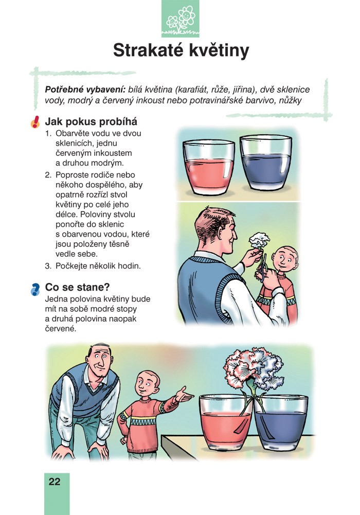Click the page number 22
pos(55,482)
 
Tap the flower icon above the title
pos(180,19)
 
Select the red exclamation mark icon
pos(35,122)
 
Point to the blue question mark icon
pos(35,289)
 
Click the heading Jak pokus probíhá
pos(91,122)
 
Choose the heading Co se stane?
pos(77,287)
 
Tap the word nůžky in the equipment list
pos(290,100)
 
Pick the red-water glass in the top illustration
pos(209,167)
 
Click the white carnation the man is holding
pos(259,240)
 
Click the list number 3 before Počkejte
pos(48,266)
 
